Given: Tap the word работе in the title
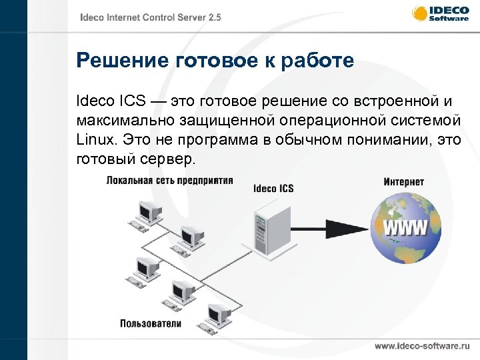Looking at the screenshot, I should point(313,62).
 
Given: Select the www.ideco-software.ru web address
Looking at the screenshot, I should point(422,347).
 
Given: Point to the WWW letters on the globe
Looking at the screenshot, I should point(405,229).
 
